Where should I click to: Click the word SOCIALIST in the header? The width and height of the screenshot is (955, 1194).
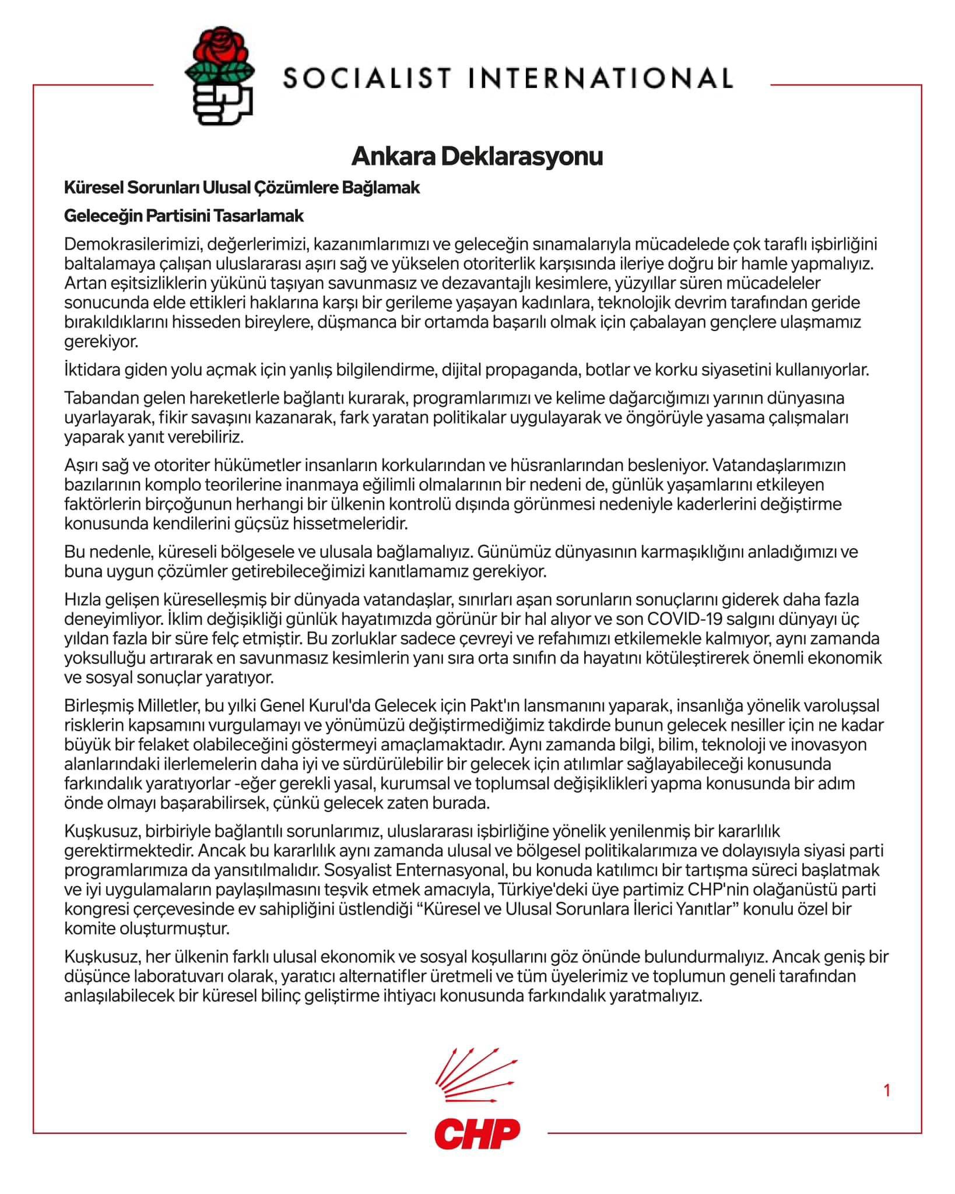tap(368, 78)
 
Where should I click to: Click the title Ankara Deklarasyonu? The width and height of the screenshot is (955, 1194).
tap(477, 156)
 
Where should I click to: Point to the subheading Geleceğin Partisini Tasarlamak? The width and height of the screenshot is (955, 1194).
tap(184, 216)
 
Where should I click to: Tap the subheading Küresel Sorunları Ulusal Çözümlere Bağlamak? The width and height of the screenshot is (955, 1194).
tap(242, 188)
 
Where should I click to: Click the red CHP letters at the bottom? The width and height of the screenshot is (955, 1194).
tap(477, 1133)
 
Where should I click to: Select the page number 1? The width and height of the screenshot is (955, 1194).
tap(887, 1090)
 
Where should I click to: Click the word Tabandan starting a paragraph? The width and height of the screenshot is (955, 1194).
tap(99, 398)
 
